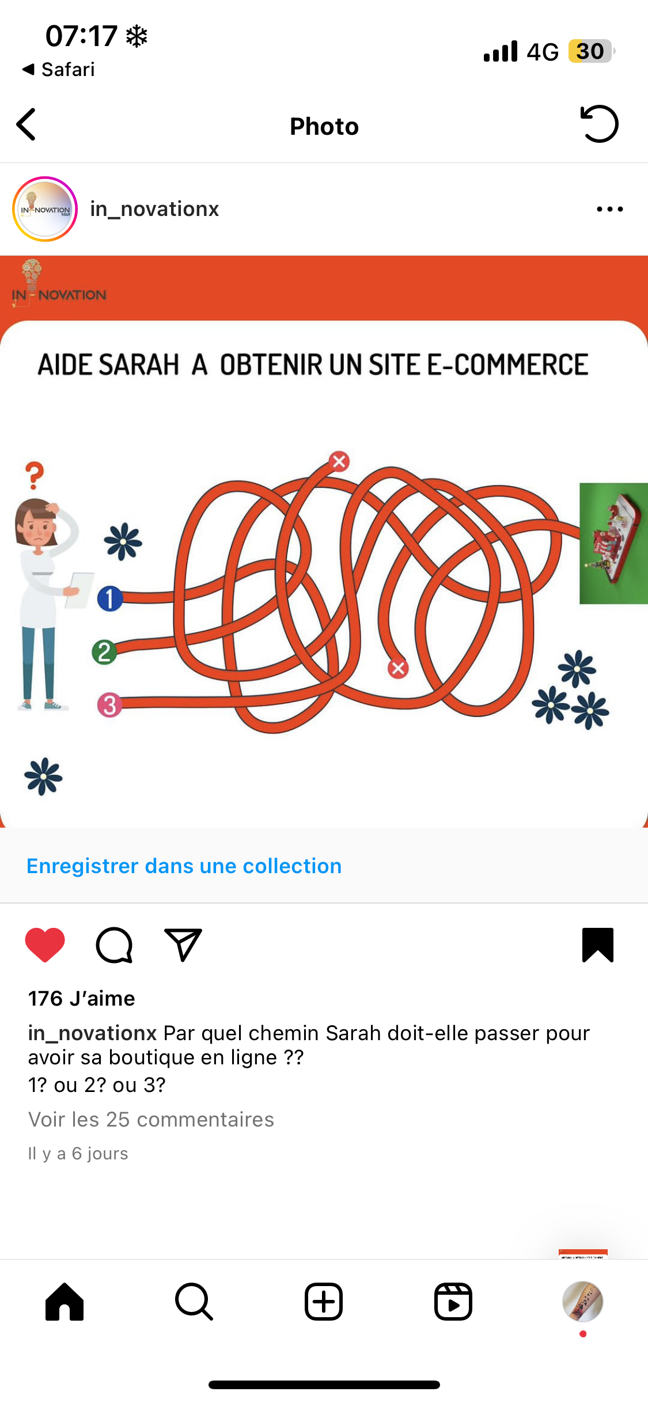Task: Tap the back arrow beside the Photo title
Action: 26,124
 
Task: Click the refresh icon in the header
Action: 599,124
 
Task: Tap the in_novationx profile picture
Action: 45,209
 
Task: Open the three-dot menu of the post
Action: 610,209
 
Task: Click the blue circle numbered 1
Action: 109,598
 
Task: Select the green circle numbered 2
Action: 104,653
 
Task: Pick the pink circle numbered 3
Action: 109,705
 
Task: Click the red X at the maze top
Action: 339,461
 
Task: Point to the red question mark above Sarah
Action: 35,476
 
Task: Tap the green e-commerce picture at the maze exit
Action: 613,543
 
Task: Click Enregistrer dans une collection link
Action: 184,866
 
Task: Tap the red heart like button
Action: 45,945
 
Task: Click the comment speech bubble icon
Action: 114,945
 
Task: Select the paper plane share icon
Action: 183,945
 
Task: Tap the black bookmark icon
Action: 598,945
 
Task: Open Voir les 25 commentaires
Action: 151,1119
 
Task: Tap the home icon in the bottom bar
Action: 65,1302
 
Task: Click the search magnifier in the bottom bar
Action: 194,1302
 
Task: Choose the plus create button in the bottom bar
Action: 324,1302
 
